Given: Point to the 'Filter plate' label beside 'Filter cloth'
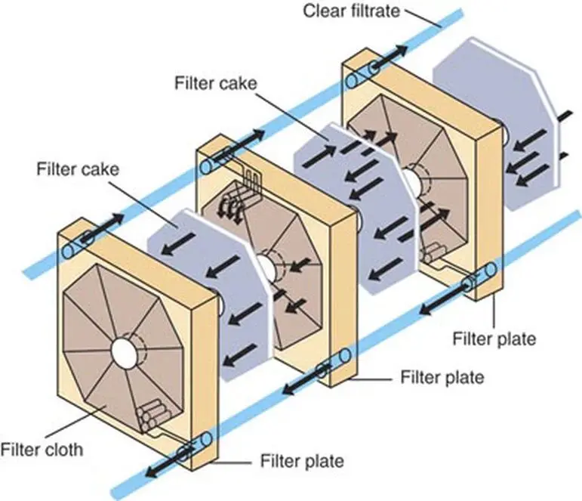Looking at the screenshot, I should coord(302,460).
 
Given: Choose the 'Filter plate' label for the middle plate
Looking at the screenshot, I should coord(442,376).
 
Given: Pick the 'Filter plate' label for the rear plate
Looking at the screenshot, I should coord(494,339).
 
